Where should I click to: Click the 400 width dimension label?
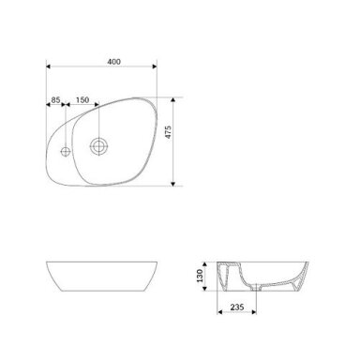113,62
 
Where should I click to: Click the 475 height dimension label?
168,132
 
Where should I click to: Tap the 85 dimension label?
55,100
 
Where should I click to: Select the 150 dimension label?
82,100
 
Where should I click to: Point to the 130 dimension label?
200,276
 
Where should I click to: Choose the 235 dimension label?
237,307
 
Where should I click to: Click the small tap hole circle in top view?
66,152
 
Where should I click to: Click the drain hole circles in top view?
99,146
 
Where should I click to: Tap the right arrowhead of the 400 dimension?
155,67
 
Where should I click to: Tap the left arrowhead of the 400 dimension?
49,67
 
